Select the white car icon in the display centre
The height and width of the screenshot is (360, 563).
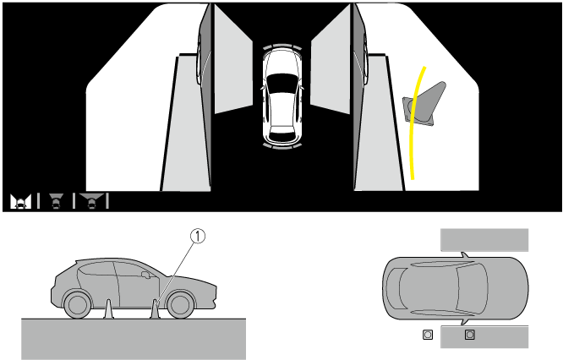point(282,97)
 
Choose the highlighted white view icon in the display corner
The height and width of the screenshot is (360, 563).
point(20,201)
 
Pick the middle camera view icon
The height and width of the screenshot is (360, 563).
point(56,201)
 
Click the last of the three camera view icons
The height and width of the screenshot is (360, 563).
point(92,201)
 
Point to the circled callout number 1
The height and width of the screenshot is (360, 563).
point(198,236)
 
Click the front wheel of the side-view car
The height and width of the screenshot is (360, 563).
point(181,305)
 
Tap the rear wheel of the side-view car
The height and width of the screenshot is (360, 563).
point(77,305)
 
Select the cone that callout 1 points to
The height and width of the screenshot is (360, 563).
point(155,309)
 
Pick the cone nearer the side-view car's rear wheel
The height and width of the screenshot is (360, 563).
point(109,309)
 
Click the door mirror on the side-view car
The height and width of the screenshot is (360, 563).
point(145,275)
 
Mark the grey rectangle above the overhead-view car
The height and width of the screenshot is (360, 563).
point(484,240)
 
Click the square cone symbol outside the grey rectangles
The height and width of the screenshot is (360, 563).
point(428,335)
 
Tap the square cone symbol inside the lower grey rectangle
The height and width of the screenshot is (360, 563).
point(470,335)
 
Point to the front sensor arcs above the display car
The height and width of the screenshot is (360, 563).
point(282,46)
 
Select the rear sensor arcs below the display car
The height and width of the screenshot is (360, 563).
point(282,145)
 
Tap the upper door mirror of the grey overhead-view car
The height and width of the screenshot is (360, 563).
point(465,255)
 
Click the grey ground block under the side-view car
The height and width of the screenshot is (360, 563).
point(134,339)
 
